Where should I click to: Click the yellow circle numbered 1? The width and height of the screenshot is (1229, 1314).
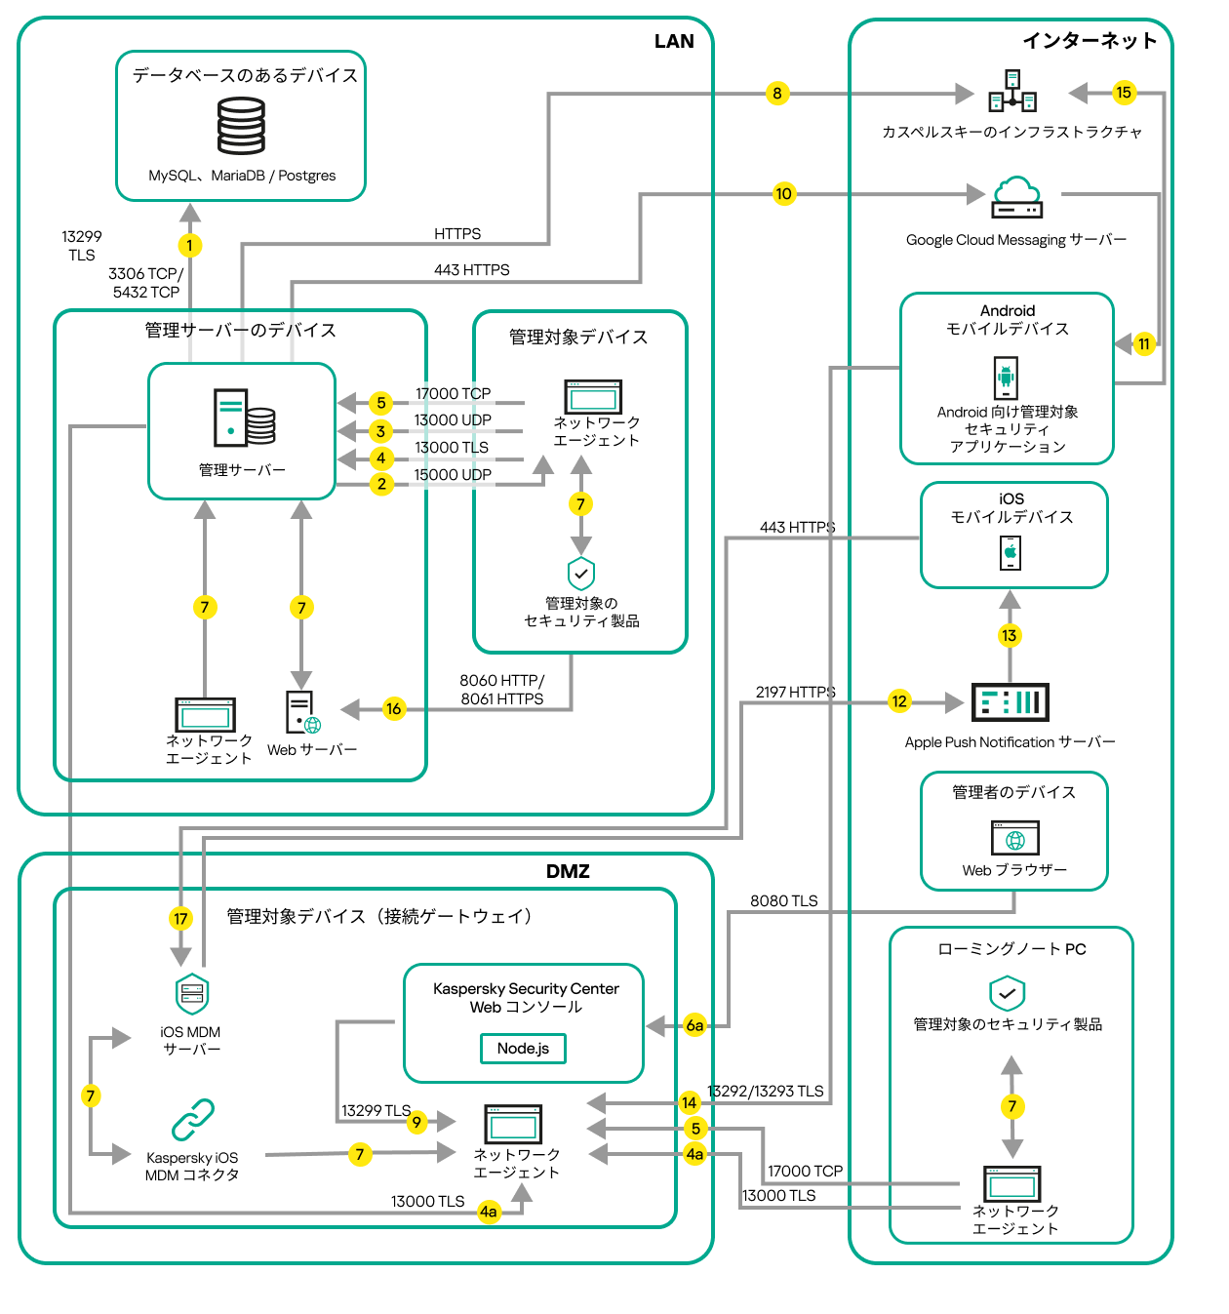(x=190, y=246)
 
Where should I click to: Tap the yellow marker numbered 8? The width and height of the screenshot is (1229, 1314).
(x=777, y=94)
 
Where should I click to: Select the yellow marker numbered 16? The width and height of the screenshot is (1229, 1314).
(x=393, y=709)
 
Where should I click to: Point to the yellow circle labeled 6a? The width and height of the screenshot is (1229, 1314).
(x=694, y=1025)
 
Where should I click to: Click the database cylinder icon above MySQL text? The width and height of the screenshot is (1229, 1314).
(x=241, y=127)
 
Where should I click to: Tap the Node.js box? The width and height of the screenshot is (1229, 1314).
(x=523, y=1049)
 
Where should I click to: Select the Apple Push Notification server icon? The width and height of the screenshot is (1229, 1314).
(x=1011, y=702)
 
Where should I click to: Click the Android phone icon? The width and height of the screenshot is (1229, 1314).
(x=1006, y=378)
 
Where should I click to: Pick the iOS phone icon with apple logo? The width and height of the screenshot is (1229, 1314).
(x=1011, y=553)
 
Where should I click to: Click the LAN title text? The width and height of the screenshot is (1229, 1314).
(x=674, y=41)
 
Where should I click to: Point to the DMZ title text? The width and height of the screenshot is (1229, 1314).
(x=568, y=871)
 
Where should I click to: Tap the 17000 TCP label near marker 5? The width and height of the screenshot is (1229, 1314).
(x=454, y=394)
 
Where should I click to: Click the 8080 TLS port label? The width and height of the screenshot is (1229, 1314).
(x=784, y=901)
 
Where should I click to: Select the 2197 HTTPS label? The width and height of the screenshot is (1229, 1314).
(x=796, y=693)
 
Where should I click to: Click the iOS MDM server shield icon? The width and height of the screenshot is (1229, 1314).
(x=192, y=994)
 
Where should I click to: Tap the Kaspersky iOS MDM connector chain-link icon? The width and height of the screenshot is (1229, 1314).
(x=192, y=1120)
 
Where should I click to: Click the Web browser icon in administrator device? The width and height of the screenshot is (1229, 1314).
(x=1015, y=838)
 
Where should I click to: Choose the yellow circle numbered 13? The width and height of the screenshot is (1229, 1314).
(x=1010, y=636)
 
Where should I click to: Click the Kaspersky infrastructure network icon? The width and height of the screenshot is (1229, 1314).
(x=1012, y=91)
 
